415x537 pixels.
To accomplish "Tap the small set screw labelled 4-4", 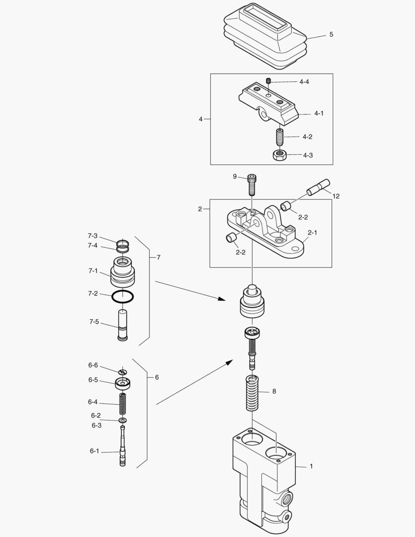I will click(268, 81).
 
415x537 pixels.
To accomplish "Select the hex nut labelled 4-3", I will click(280, 155).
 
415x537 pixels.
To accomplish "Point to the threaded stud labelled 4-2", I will click(280, 136).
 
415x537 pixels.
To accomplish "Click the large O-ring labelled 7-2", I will click(122, 296).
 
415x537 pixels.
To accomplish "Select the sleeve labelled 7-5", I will click(122, 325).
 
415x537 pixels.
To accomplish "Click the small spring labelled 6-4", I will click(122, 405).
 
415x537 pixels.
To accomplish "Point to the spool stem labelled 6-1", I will click(122, 447).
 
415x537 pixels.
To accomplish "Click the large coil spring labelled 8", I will click(253, 393).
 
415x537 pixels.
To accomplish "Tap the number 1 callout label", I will click(311, 466).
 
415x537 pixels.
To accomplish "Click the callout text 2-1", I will click(313, 232).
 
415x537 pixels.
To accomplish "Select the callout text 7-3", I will click(93, 236).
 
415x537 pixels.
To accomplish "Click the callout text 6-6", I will click(93, 365).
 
